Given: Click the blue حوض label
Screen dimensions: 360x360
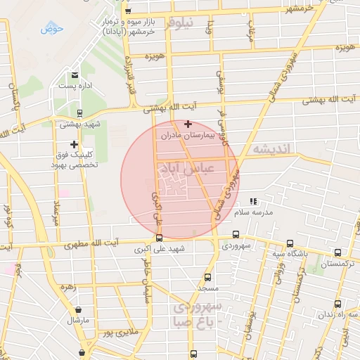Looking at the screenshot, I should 52,29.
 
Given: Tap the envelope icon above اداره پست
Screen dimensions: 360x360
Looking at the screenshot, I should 74,75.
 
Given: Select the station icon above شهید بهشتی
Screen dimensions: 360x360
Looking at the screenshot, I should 79,112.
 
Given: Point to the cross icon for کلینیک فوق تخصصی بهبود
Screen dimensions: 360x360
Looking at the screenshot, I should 74,144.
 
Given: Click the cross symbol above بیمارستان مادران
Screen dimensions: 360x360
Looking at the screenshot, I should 187,124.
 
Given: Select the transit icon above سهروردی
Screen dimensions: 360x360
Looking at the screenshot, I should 235,235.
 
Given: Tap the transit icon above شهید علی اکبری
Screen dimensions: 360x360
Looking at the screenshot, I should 160,238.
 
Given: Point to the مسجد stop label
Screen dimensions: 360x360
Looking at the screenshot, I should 207,289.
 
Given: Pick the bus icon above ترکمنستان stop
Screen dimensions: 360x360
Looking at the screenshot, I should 338,253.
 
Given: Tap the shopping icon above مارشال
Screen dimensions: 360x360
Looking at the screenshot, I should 77,309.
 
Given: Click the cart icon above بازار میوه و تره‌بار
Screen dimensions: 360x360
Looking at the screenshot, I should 127,11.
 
